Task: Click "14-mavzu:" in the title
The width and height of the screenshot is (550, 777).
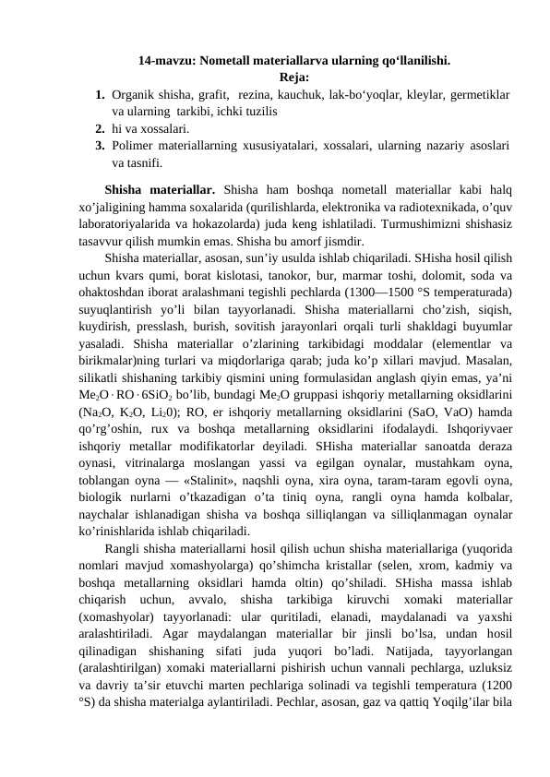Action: [x=163, y=63]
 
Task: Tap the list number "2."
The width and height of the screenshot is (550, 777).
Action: [x=100, y=129]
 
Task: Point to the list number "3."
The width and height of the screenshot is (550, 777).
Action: [x=100, y=146]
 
